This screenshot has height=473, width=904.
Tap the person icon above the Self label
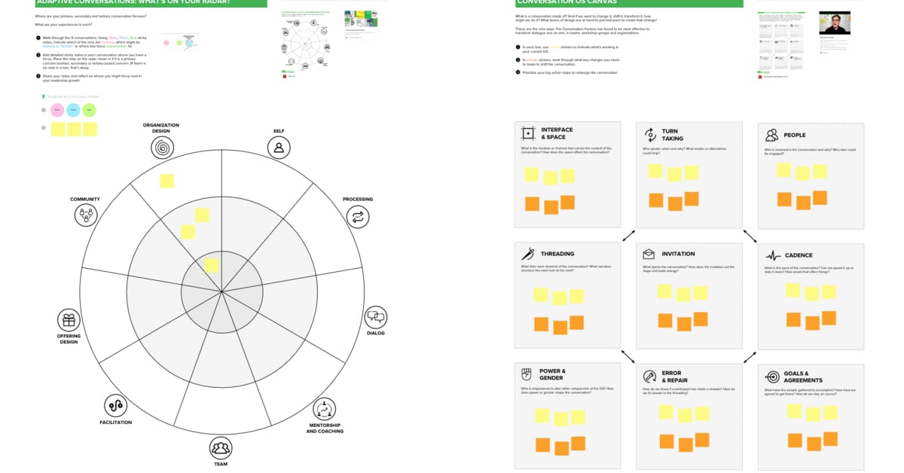tap(279, 148)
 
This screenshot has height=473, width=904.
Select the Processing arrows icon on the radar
tap(358, 217)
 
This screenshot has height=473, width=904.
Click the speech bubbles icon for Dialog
tap(375, 317)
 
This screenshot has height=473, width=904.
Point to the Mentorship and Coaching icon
tap(324, 410)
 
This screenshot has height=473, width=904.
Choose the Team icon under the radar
tap(220, 449)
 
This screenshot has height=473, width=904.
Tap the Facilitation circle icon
tap(115, 406)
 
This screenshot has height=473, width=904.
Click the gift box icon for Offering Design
tap(69, 320)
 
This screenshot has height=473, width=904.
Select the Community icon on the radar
tap(86, 215)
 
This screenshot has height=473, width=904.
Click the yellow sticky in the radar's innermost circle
tap(212, 265)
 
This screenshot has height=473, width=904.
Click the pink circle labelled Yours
tap(57, 110)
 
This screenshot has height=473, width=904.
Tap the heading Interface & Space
tap(557, 133)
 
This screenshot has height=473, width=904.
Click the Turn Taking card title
tap(672, 135)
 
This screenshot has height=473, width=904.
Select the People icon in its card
tap(771, 135)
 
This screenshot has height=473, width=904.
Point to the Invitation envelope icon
tap(649, 254)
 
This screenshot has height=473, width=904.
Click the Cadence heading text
tap(799, 255)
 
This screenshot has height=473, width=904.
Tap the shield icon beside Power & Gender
tap(527, 374)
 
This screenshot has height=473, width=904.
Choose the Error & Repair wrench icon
tap(649, 376)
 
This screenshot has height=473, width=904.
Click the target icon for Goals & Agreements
tap(771, 377)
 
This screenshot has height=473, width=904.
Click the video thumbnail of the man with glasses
tap(835, 23)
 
